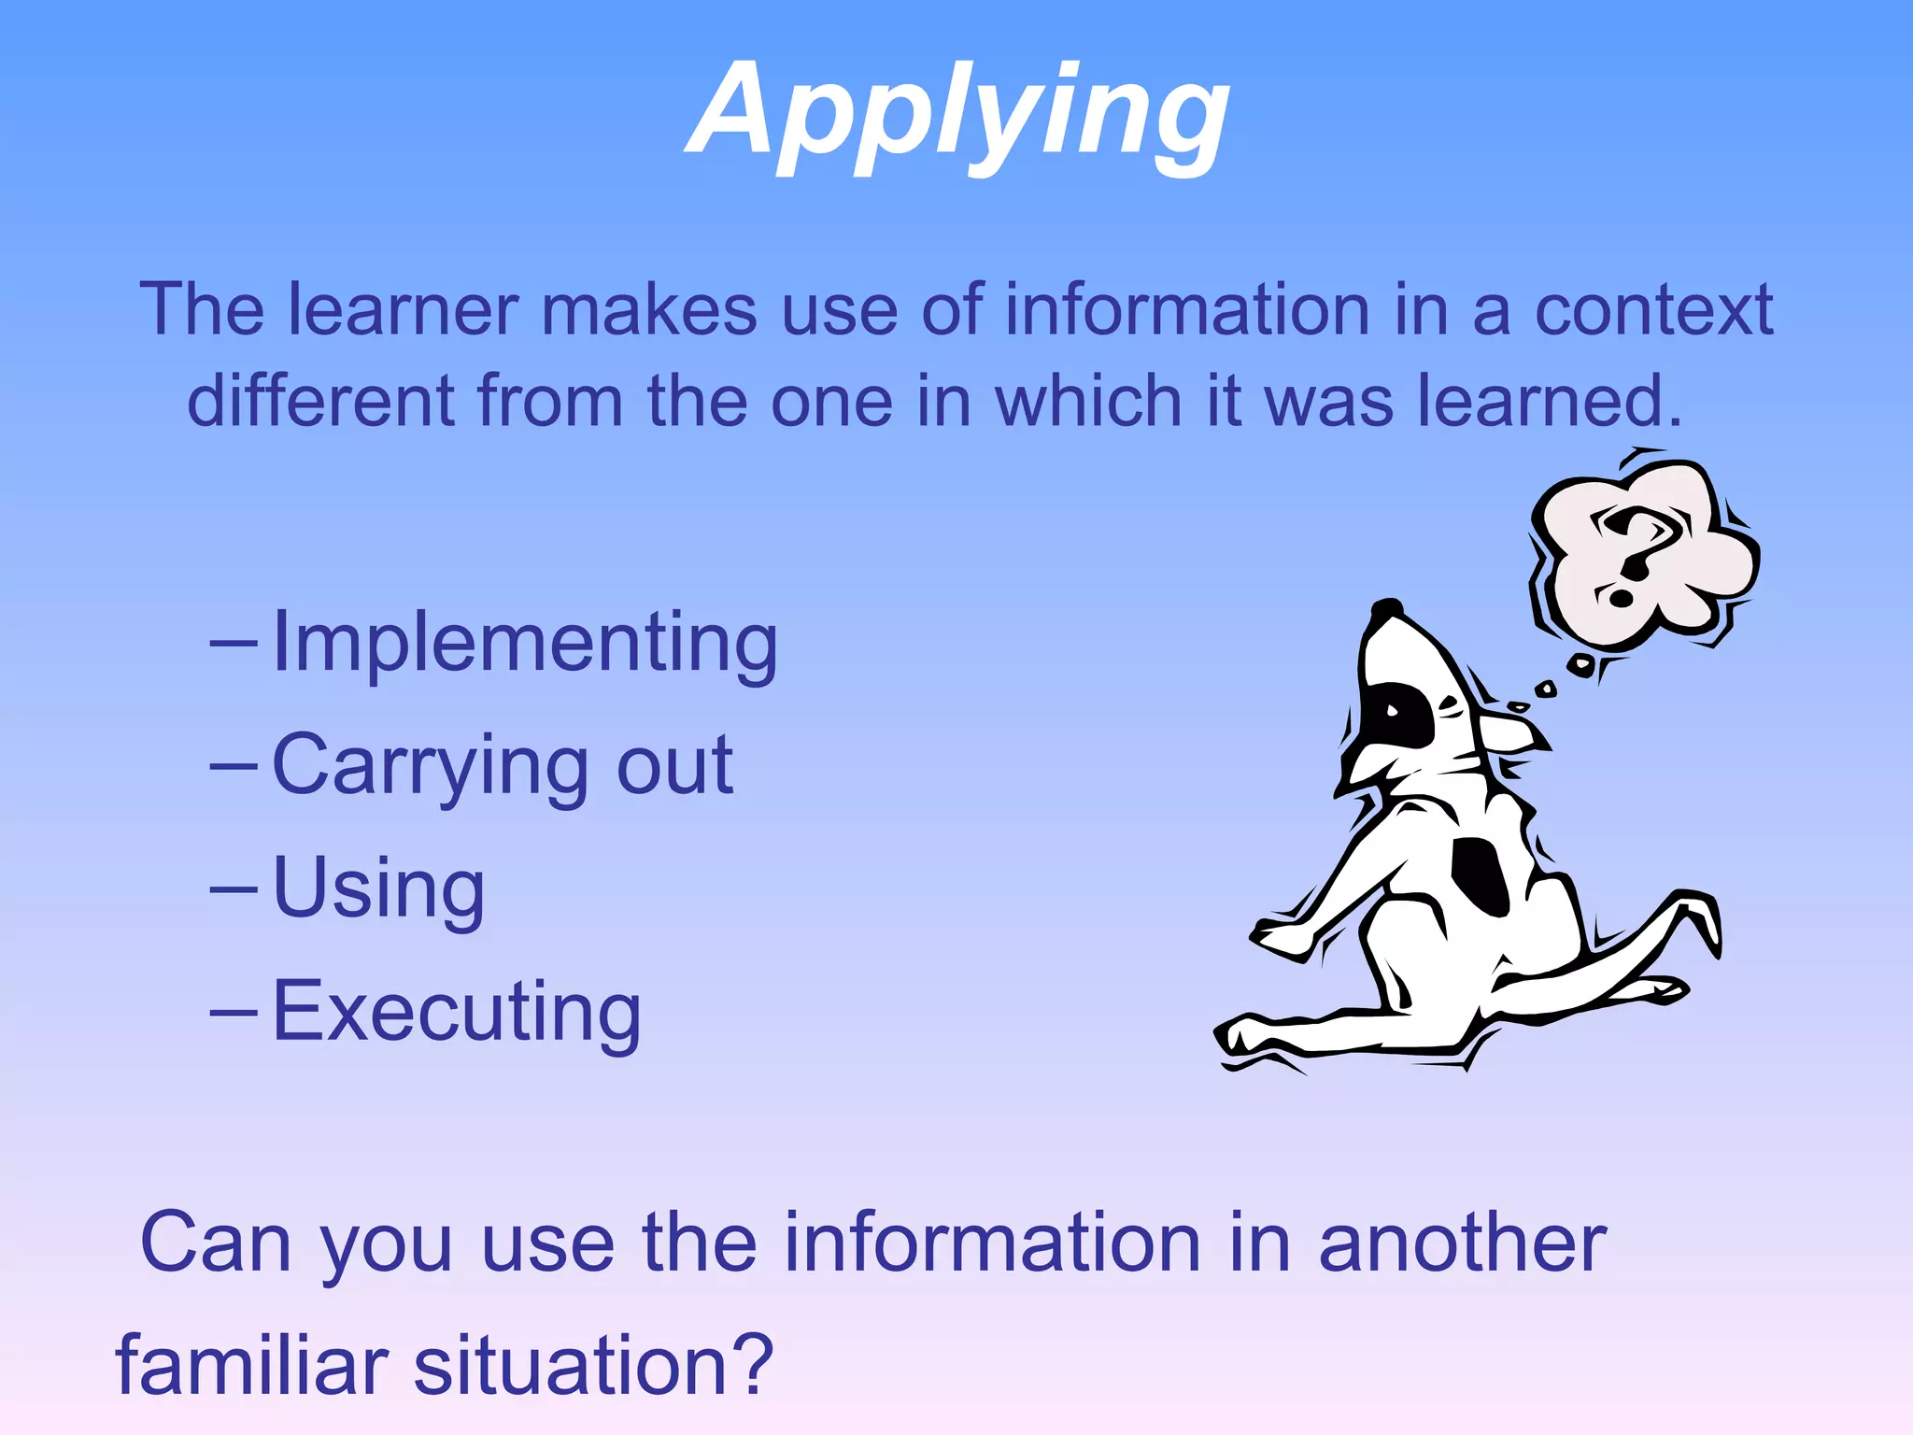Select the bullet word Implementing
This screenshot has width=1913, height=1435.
(525, 643)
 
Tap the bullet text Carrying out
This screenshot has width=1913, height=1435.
(503, 766)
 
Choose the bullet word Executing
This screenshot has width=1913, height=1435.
(457, 1012)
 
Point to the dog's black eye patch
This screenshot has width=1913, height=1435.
(1401, 715)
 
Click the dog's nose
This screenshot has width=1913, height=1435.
(1386, 608)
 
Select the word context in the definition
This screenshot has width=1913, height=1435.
(1653, 310)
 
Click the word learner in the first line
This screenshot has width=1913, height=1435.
(403, 310)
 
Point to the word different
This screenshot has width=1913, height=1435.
(320, 402)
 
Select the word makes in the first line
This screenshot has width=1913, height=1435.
(649, 310)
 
